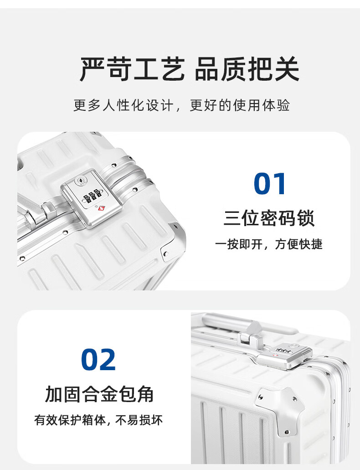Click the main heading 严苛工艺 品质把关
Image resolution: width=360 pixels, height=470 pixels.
[x=190, y=69]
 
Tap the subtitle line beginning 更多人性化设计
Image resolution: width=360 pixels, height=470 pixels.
[x=181, y=105]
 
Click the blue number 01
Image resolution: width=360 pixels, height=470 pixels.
[x=270, y=184]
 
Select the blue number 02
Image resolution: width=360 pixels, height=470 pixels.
[x=98, y=359]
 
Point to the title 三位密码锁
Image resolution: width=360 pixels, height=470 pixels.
[x=269, y=218]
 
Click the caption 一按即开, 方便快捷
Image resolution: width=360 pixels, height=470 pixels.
[x=268, y=244]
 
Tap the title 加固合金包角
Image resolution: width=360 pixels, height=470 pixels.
[x=99, y=394]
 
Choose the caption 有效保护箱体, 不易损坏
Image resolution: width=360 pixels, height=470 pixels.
[x=98, y=420]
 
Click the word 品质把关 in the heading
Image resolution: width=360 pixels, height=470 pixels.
[x=247, y=69]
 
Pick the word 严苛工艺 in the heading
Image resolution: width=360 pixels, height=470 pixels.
[x=132, y=69]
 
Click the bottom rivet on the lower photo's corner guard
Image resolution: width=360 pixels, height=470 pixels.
[x=287, y=432]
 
